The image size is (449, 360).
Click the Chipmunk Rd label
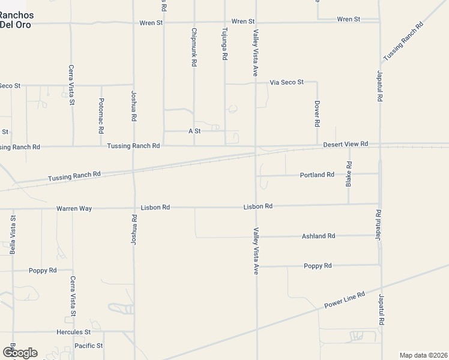pos(194,47)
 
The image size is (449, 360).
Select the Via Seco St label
pos(287,82)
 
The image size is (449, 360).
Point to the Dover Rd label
pos(317,113)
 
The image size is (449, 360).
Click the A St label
pos(194,130)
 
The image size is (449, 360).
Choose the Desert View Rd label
pos(345,145)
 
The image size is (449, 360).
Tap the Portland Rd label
pos(317,175)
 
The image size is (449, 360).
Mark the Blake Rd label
pos(349,174)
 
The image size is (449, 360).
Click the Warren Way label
pos(74,208)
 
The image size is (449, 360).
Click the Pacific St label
pos(89,346)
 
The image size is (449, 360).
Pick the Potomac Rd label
pos(101,115)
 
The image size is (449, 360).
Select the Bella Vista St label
pos(13,234)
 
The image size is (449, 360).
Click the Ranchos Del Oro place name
pos(17,19)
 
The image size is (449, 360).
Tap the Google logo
pos(20,352)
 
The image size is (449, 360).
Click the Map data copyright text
pos(423,355)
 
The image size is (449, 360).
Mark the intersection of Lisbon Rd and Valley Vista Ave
pos(256,206)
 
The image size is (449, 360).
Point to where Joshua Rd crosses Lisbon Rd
pos(133,208)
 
